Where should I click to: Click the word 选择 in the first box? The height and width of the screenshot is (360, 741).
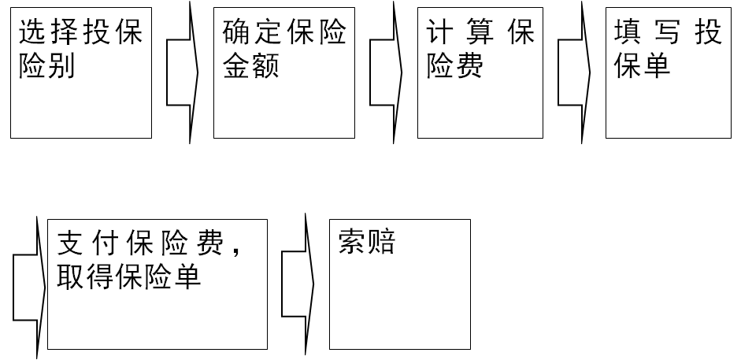click(46, 33)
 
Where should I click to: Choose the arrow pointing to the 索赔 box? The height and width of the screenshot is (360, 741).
click(298, 284)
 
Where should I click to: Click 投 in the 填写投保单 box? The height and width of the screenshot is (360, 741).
click(707, 33)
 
